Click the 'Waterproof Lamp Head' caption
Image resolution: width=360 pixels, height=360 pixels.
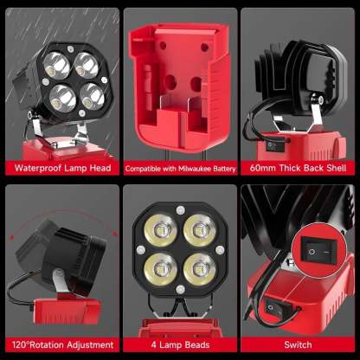[60, 168]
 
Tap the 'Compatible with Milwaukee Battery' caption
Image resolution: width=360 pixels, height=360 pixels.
[180, 168]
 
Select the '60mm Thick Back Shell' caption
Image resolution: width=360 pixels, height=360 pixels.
[299, 168]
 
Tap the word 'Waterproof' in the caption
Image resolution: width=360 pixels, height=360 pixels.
[38, 168]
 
